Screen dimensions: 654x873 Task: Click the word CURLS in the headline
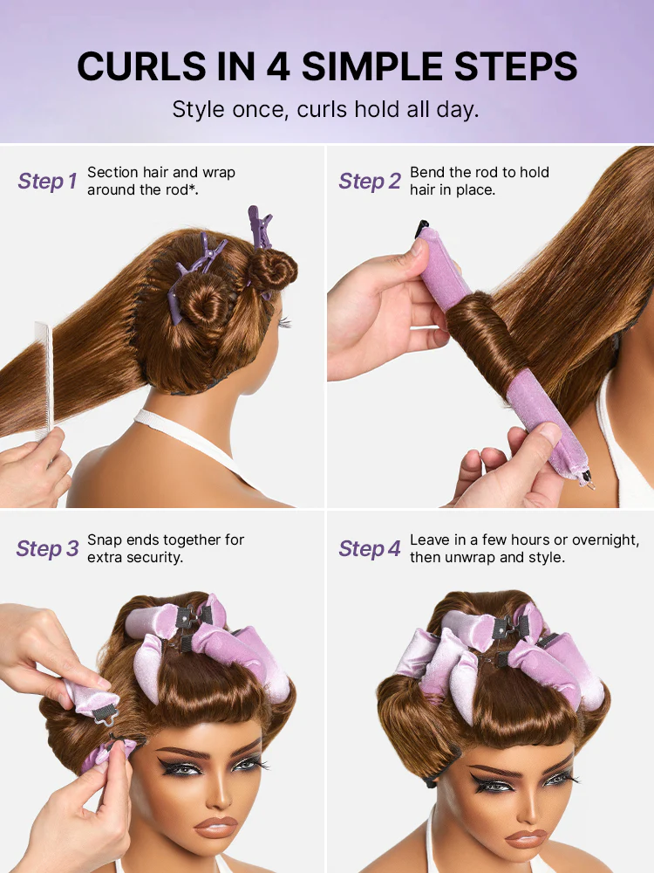click(x=142, y=66)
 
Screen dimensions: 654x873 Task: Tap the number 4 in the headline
click(x=279, y=67)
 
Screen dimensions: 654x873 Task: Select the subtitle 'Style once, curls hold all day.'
click(x=326, y=110)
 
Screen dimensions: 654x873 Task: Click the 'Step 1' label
click(x=47, y=181)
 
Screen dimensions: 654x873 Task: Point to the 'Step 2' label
click(x=370, y=181)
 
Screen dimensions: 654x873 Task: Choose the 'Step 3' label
click(x=48, y=548)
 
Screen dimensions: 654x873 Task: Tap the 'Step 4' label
click(x=370, y=548)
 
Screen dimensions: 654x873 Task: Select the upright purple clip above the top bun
click(x=260, y=226)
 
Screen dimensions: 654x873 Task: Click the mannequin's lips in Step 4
click(x=527, y=838)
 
